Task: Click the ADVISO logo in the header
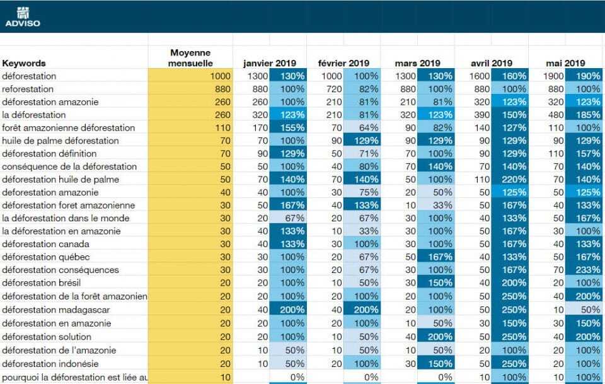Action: coord(22,17)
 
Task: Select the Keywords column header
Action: coord(24,63)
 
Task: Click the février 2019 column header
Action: coord(343,63)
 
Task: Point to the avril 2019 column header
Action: coord(492,63)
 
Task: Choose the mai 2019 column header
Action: coord(566,63)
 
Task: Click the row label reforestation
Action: coord(28,89)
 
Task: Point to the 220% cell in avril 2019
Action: coord(510,179)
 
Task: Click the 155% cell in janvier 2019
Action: coord(288,127)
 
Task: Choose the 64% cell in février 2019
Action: coord(362,127)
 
